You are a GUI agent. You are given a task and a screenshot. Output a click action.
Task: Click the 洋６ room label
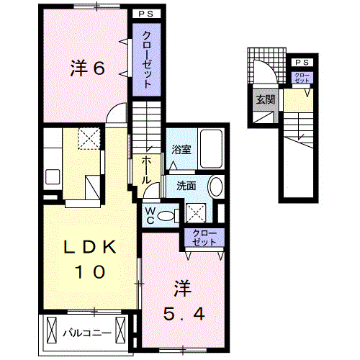click(88, 69)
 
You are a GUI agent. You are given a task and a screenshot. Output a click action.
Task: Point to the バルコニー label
click(86, 333)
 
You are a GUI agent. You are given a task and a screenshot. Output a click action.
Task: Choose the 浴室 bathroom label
click(181, 150)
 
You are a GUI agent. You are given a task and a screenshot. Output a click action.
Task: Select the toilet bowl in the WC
click(167, 214)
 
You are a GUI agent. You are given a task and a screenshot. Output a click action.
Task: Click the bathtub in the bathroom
click(212, 148)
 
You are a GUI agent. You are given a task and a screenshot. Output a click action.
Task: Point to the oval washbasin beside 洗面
click(215, 188)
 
